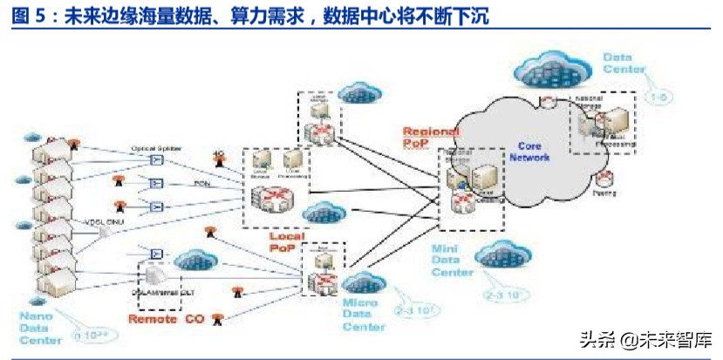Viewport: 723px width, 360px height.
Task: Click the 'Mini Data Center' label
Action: coord(453,261)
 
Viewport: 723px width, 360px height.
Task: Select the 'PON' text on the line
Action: coord(201,184)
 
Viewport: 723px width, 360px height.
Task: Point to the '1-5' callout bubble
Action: coord(661,98)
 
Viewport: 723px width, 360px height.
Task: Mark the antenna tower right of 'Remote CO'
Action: coord(216,320)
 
